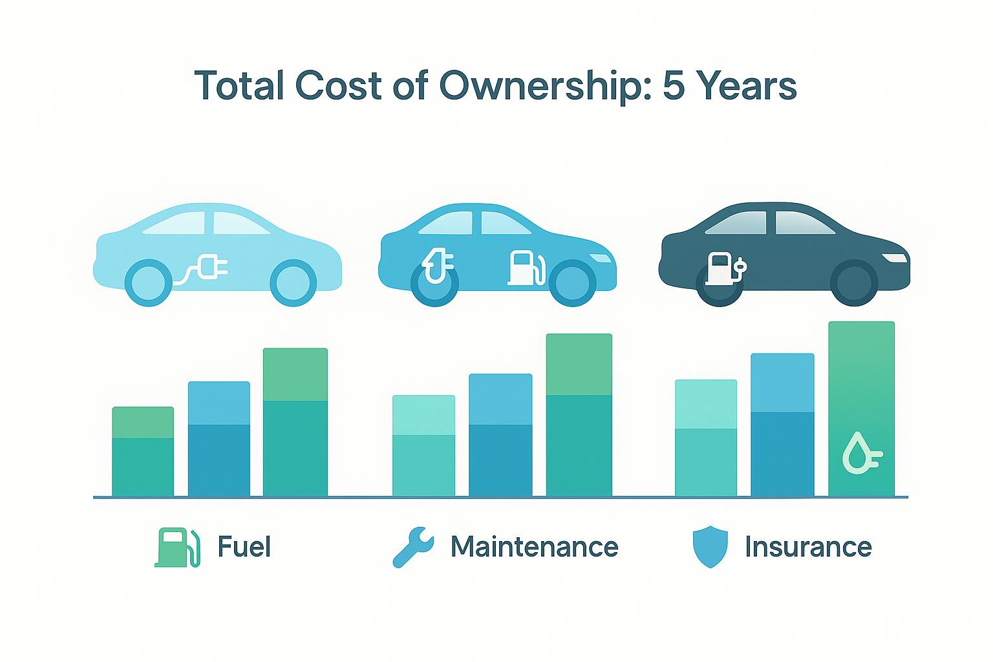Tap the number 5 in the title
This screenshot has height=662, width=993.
[673, 86]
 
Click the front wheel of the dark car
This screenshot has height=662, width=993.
[854, 283]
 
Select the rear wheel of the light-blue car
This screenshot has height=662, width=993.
[148, 283]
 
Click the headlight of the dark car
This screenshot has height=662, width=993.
[895, 259]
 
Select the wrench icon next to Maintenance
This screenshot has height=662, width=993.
[413, 547]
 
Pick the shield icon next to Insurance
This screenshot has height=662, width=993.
[710, 547]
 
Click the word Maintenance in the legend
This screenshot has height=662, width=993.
[534, 547]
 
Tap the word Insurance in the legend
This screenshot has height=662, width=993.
[808, 547]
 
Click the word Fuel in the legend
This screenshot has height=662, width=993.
[244, 547]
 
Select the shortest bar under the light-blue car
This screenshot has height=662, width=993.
[143, 452]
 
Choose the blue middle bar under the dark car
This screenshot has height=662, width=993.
[782, 425]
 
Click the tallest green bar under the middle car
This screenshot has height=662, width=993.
[579, 415]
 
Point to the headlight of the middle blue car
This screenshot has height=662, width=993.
[601, 259]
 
